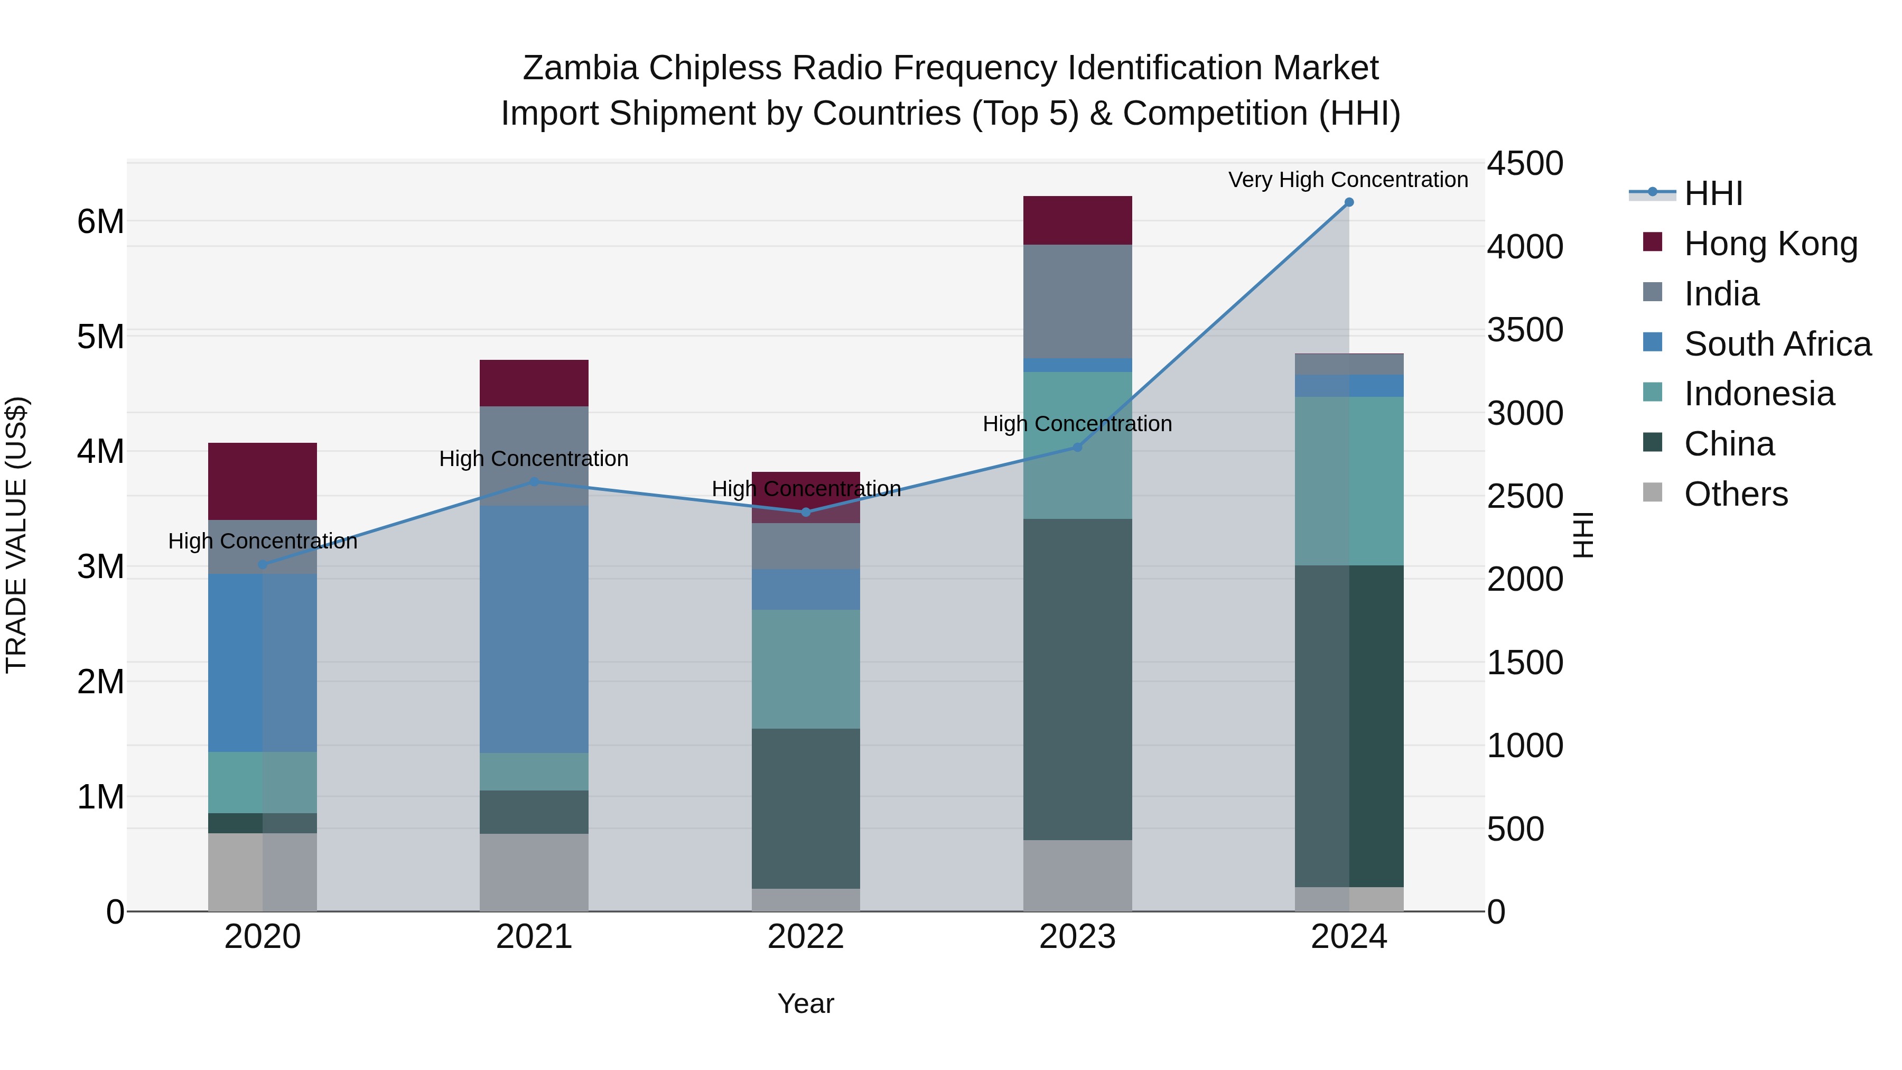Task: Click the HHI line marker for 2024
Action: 1348,202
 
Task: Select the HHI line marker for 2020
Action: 263,565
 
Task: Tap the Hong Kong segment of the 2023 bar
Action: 1077,220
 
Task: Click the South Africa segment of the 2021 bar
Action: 534,629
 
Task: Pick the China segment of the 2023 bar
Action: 1077,680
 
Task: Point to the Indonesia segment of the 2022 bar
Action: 806,669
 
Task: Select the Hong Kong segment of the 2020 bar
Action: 263,481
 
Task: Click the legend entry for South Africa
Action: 1776,344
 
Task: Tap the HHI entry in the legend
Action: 1713,193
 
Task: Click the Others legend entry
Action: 1735,494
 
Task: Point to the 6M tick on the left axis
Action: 101,221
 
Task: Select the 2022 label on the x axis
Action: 806,937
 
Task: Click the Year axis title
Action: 806,1003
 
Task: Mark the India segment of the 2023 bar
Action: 1077,301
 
